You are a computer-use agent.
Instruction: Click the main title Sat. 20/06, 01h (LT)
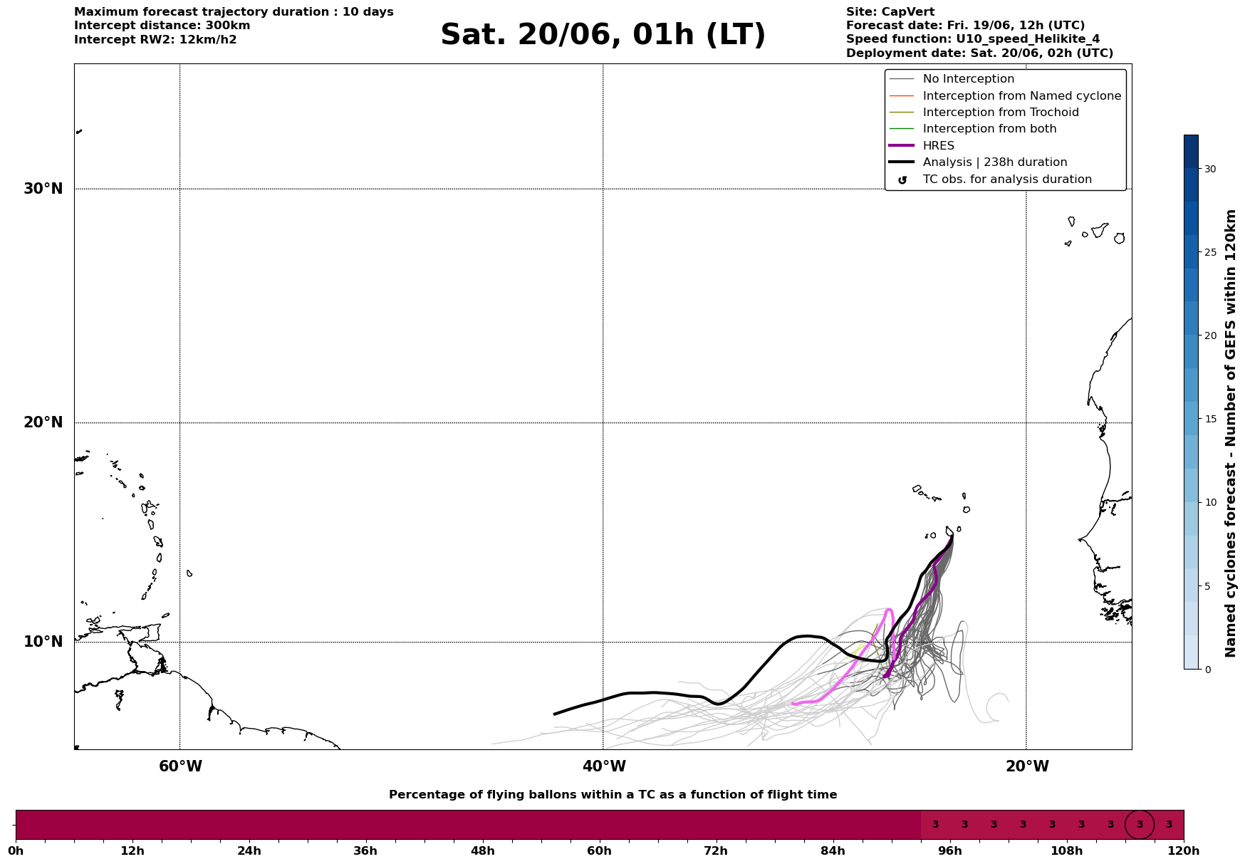pos(603,35)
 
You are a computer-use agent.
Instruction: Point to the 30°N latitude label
pos(43,189)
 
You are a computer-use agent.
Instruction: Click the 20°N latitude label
pos(43,422)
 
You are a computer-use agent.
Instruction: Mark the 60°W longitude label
pos(180,766)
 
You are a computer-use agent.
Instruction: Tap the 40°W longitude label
pos(604,766)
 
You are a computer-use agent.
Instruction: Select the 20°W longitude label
pos(1027,766)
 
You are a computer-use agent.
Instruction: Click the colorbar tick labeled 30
pos(1210,169)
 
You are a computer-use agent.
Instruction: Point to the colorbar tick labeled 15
pos(1210,419)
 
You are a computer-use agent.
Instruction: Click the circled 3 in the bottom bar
pos(1140,825)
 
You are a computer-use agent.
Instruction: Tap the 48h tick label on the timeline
pos(482,850)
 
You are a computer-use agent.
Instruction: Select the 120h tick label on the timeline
pos(1184,850)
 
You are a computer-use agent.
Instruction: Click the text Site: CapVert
pos(890,12)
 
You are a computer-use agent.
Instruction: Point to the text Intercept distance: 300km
pos(162,26)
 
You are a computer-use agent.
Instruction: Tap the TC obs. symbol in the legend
pos(902,180)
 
